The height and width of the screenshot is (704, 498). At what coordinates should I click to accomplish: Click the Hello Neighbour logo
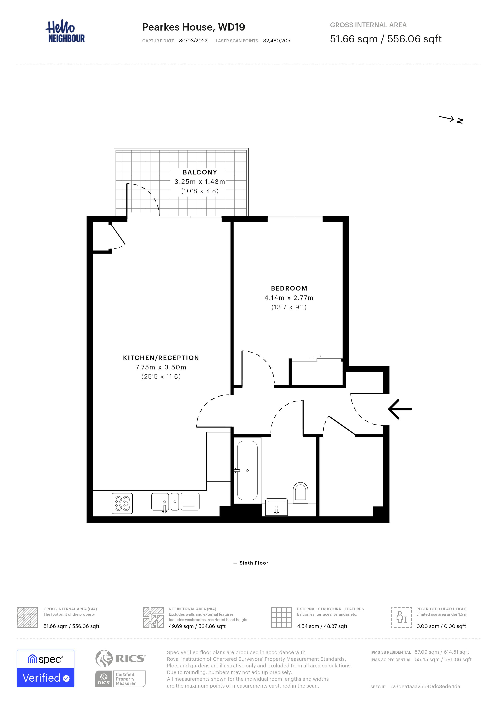coord(65,31)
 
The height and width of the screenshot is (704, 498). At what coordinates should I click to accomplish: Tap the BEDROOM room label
coord(289,288)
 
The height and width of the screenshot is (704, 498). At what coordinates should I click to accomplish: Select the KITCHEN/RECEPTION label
coord(161,358)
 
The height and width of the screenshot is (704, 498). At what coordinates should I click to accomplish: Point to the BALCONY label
coord(200,172)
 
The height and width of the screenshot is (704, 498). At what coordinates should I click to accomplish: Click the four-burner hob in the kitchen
coord(122,503)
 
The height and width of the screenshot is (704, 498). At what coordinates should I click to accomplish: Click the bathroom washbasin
coord(276,507)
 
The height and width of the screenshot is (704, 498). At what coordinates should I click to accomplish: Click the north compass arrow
coord(446,118)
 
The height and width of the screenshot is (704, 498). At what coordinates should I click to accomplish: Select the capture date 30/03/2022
coord(193,41)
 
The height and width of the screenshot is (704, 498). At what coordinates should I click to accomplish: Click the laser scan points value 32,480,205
coord(277,41)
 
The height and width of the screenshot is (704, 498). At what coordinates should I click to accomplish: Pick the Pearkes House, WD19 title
coord(194,27)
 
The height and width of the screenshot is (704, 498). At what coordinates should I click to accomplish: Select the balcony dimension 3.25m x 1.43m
coord(200,182)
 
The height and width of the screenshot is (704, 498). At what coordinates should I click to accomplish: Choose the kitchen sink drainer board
coord(190,502)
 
